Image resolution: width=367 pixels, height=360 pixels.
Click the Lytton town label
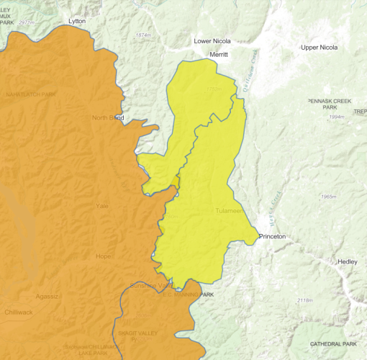[x=76, y=21]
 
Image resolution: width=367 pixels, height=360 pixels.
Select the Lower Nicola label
[x=212, y=41]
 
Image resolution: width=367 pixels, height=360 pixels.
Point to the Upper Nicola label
[x=319, y=48]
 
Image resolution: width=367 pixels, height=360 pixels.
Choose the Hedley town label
[x=347, y=261]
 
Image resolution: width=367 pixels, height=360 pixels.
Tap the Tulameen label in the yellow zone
[x=230, y=211]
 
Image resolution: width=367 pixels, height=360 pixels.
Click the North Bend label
[x=108, y=117]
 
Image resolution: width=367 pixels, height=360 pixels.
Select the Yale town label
[x=102, y=206]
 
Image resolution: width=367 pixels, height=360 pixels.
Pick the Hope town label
[x=104, y=256]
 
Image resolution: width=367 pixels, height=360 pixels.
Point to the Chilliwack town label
[x=17, y=314]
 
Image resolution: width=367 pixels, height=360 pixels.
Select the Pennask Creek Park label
[x=330, y=104]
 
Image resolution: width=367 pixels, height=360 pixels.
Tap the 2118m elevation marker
[x=304, y=300]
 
